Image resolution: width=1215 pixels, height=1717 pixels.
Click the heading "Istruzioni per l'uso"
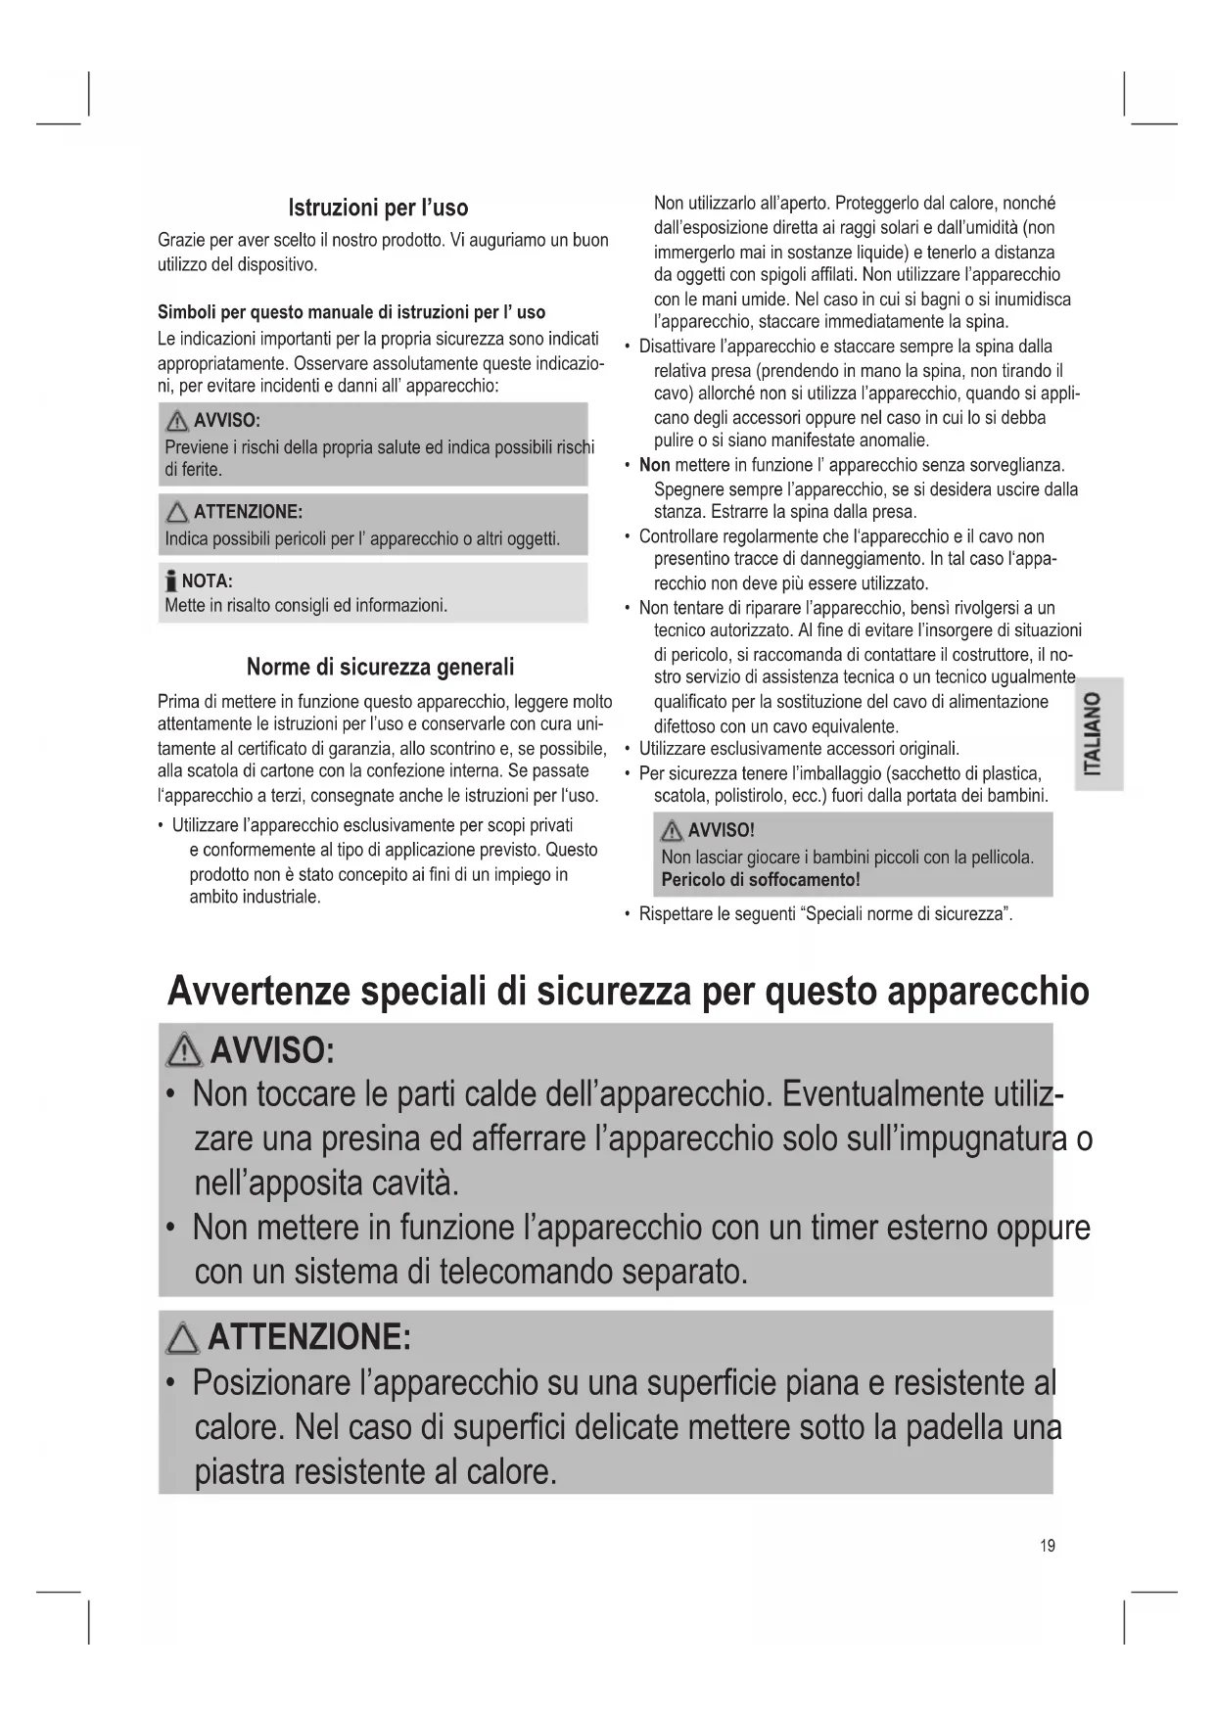tap(378, 208)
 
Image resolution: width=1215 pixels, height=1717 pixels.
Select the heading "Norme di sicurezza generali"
tap(380, 668)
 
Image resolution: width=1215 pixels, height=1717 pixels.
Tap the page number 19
tap(1048, 1546)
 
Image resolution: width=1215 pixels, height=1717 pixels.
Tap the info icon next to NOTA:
tap(171, 582)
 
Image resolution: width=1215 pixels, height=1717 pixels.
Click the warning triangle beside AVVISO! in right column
tap(673, 832)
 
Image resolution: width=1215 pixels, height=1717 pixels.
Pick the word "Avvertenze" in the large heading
tap(257, 992)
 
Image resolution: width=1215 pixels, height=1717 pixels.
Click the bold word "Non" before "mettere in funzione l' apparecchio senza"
tap(654, 465)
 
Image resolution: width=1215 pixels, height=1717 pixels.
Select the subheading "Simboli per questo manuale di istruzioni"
tap(351, 312)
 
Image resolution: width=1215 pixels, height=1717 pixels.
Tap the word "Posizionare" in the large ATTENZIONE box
tap(270, 1384)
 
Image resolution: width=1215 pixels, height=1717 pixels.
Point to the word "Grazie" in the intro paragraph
tap(180, 241)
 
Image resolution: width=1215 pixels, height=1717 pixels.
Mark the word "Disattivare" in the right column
tap(684, 347)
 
